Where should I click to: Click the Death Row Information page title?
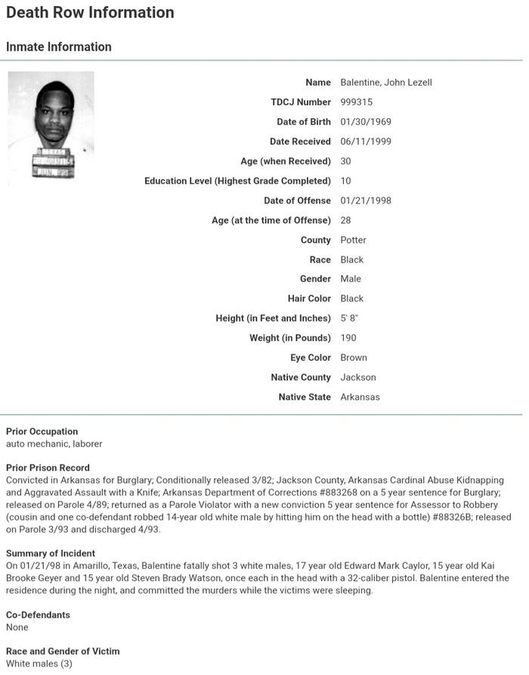click(x=90, y=13)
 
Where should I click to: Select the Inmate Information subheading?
click(x=59, y=47)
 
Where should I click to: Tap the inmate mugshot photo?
click(x=51, y=128)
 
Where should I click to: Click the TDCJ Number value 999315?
click(x=357, y=102)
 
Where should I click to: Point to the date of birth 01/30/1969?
click(x=366, y=122)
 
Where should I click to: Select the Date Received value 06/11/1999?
click(x=366, y=142)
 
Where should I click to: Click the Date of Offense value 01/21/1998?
click(x=366, y=201)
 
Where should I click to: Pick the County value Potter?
click(x=353, y=240)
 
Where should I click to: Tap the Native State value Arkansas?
click(x=360, y=397)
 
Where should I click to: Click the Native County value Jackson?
click(x=357, y=378)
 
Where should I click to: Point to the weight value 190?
click(x=348, y=338)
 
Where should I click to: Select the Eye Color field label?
click(x=311, y=358)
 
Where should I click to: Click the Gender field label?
click(x=315, y=279)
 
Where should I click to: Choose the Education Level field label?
click(x=237, y=181)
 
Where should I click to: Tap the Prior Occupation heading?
click(x=42, y=432)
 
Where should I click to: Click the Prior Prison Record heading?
click(x=48, y=468)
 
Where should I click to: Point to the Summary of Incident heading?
click(x=51, y=554)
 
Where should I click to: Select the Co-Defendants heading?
click(x=38, y=615)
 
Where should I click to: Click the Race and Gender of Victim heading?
click(x=63, y=652)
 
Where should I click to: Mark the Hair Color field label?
click(x=310, y=299)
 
